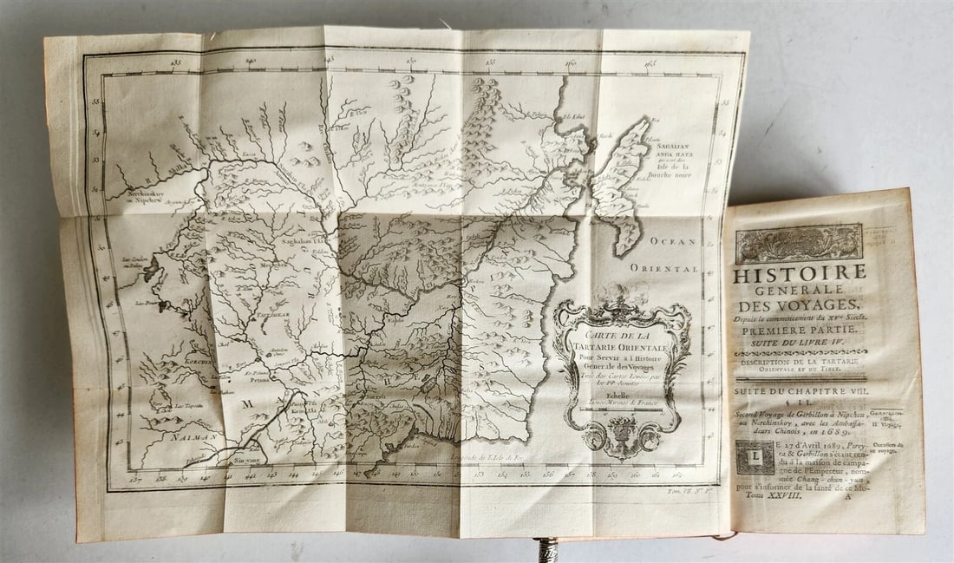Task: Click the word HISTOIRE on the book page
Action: (800, 274)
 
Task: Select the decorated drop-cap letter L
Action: (753, 457)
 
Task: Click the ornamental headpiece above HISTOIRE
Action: (799, 243)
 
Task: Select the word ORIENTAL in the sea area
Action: (665, 269)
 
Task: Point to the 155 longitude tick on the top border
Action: (490, 62)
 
